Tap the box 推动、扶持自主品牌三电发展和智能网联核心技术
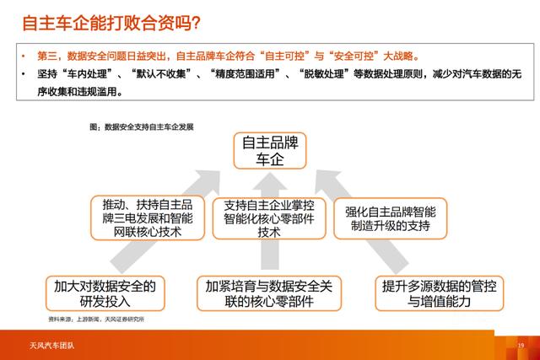[148, 217]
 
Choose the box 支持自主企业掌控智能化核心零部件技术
[269, 217]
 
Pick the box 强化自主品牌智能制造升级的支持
[390, 217]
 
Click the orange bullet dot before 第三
[26, 56]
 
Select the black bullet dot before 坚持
[26, 74]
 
